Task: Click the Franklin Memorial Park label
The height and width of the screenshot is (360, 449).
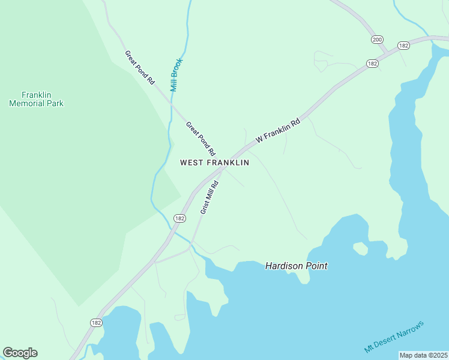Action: pyautogui.click(x=36, y=99)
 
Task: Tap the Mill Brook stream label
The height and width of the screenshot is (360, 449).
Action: pyautogui.click(x=175, y=74)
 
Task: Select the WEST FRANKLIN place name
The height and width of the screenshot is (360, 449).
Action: pyautogui.click(x=215, y=163)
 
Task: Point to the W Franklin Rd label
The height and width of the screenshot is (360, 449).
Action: pyautogui.click(x=277, y=130)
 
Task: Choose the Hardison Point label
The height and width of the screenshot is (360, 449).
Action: pyautogui.click(x=297, y=265)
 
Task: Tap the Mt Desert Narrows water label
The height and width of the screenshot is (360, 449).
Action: pyautogui.click(x=394, y=337)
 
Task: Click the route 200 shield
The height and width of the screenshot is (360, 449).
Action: pyautogui.click(x=377, y=40)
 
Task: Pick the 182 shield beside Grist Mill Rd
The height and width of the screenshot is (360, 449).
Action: pyautogui.click(x=179, y=218)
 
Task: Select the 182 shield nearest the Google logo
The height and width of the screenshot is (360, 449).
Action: pyautogui.click(x=96, y=322)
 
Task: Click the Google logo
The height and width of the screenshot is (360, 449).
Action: pyautogui.click(x=20, y=353)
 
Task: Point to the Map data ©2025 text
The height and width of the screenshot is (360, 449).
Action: pyautogui.click(x=423, y=355)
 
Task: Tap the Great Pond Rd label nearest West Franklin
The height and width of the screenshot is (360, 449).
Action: pyautogui.click(x=200, y=139)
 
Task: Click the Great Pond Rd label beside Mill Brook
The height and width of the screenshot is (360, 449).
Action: pyautogui.click(x=140, y=67)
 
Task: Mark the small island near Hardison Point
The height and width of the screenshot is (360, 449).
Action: pyautogui.click(x=360, y=248)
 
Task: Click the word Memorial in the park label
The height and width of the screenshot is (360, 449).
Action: pyautogui.click(x=36, y=103)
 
